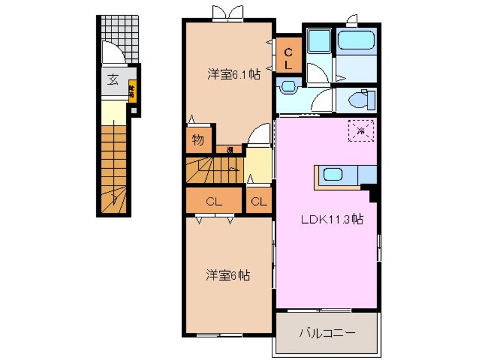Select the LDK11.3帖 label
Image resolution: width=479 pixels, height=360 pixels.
(331, 221)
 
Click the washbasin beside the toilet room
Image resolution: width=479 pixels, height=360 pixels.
(289, 87)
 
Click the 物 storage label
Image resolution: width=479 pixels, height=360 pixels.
(198, 141)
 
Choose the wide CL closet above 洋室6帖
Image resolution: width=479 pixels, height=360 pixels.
(213, 201)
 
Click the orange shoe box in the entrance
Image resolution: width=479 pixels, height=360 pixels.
(131, 89)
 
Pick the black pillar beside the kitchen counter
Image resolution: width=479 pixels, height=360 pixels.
(373, 195)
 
